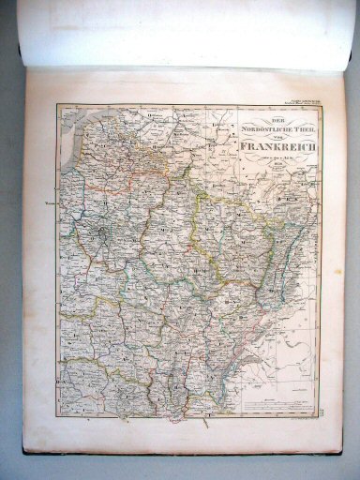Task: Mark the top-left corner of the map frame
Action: (x=58, y=106)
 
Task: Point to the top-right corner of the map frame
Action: (x=318, y=104)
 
